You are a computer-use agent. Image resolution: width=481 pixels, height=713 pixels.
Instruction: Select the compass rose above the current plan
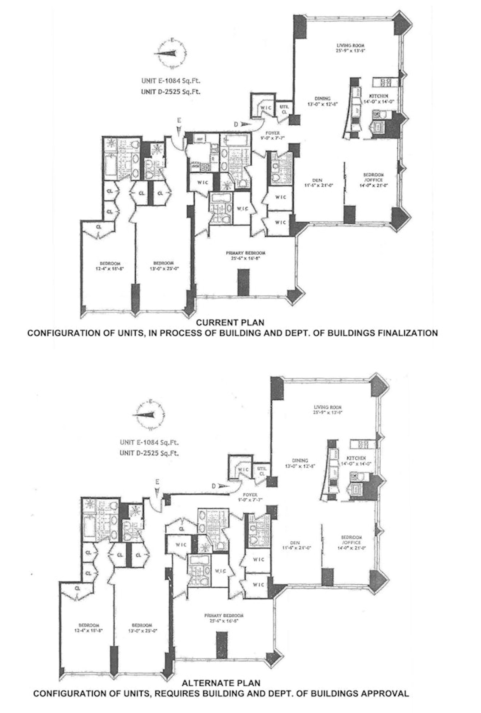(171, 54)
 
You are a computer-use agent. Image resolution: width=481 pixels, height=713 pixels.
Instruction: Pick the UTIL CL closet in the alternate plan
(262, 471)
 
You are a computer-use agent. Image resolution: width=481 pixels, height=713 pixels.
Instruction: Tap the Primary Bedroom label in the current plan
(245, 253)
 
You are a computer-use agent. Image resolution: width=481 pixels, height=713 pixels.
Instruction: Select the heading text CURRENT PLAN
(230, 323)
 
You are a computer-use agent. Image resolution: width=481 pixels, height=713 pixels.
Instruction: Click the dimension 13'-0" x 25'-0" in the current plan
(164, 268)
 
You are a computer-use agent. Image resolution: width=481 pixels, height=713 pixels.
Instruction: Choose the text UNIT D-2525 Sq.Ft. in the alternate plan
(149, 453)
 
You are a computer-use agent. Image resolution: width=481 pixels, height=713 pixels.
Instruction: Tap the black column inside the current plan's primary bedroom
(244, 282)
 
